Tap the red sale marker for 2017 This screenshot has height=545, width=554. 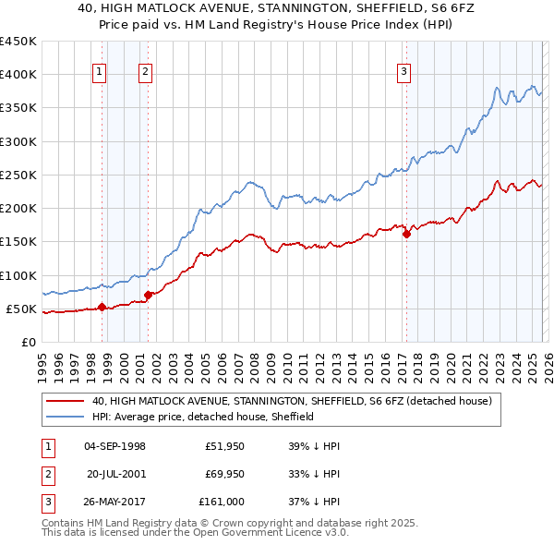point(406,235)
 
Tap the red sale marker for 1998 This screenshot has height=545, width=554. point(102,308)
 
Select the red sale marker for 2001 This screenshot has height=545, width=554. point(148,296)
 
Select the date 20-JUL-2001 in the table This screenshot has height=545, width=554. point(116,474)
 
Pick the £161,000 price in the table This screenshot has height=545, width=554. point(222,502)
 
